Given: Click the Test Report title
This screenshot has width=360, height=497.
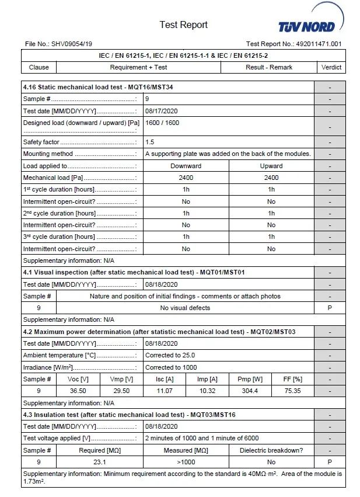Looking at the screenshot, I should click(183, 25).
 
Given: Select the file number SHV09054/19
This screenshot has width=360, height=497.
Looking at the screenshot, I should click(71, 44).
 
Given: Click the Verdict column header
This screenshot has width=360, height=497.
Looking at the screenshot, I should click(331, 67).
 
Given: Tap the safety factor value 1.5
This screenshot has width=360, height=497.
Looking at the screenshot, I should click(150, 142).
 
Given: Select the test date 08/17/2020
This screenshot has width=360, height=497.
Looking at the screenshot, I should click(161, 111).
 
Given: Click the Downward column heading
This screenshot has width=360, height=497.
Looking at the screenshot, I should click(186, 166).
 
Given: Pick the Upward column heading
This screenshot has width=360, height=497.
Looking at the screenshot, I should click(271, 166).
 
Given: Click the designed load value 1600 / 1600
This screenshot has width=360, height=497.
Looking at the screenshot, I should click(162, 123).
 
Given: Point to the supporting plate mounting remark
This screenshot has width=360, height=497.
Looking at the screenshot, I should click(228, 154).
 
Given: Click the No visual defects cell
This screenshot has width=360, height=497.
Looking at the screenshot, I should click(185, 308).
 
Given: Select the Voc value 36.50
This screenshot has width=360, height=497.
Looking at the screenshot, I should click(78, 391).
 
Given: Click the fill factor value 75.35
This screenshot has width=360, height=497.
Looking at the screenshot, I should click(292, 391).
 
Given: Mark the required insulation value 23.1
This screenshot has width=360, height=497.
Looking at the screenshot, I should click(99, 462).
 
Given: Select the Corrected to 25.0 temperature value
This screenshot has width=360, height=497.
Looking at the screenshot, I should click(170, 355).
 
